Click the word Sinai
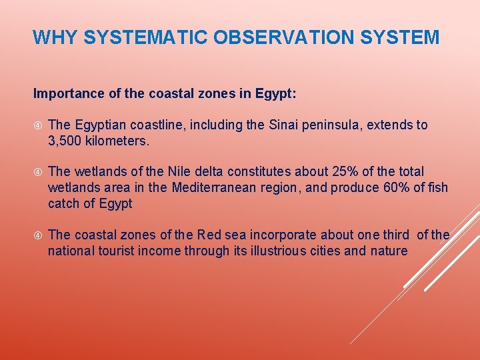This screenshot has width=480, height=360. pos(289,125)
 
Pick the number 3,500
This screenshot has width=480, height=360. pos(66,141)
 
